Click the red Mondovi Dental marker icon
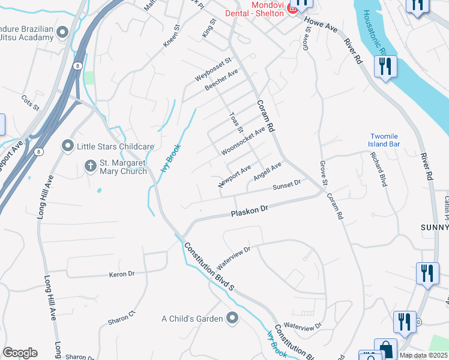(x=292, y=8)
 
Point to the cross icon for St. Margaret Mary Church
(x=91, y=165)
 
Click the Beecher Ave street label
(x=221, y=79)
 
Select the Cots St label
(x=30, y=103)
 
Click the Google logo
(x=20, y=353)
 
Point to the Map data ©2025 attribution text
(x=423, y=356)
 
